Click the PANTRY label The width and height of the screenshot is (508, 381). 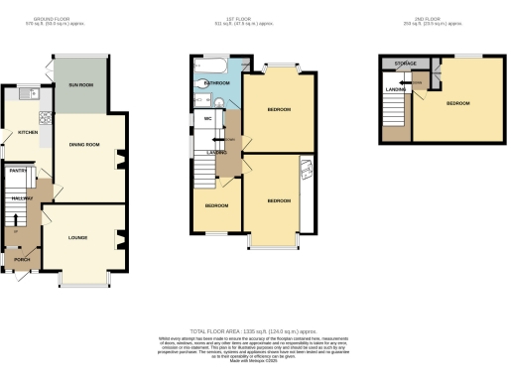click(17, 171)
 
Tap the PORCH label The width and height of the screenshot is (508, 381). click(19, 260)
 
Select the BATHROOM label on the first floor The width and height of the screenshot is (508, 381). click(217, 84)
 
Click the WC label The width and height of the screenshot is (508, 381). click(208, 118)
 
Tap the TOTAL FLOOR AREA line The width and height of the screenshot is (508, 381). click(252, 329)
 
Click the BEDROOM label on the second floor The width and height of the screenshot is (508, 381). click(458, 102)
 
